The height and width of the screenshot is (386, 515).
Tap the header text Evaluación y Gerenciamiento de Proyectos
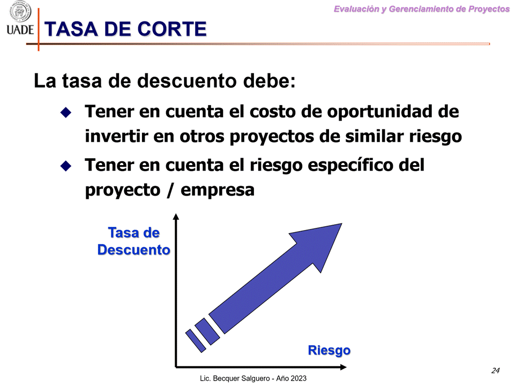pyautogui.click(x=421, y=9)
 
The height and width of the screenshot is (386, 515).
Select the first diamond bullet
pyautogui.click(x=65, y=113)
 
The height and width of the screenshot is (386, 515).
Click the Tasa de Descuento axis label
pyautogui.click(x=134, y=241)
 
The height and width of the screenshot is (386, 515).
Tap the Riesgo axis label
pyautogui.click(x=329, y=351)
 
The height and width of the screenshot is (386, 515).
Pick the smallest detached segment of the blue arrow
pyautogui.click(x=195, y=340)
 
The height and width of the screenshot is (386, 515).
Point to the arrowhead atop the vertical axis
pyautogui.click(x=176, y=217)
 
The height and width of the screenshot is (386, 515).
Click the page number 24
pyautogui.click(x=495, y=370)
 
